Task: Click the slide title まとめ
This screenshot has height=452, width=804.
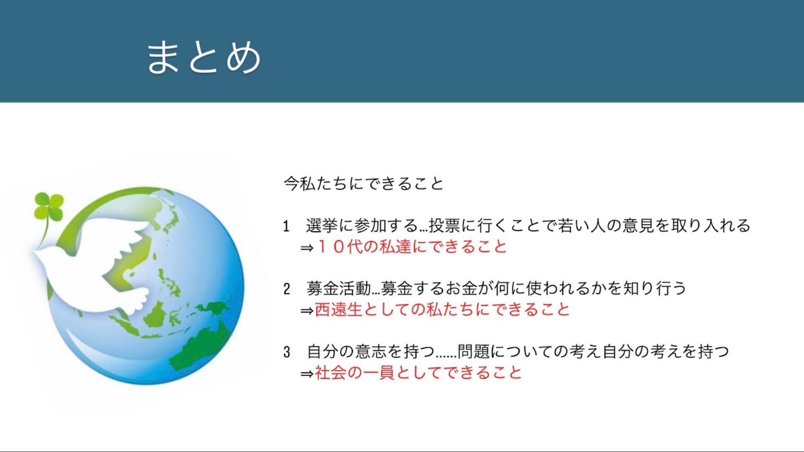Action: click(204, 58)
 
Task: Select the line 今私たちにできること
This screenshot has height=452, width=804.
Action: click(363, 184)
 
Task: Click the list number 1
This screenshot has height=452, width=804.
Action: click(286, 226)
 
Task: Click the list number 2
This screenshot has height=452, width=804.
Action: click(286, 289)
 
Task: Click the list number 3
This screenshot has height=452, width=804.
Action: click(286, 352)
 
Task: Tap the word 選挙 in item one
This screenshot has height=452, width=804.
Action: click(322, 226)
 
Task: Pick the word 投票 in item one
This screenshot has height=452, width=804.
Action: click(445, 226)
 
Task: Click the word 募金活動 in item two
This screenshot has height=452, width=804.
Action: click(339, 288)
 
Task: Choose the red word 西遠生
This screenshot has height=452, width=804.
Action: click(338, 310)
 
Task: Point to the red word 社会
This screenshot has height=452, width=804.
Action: click(331, 372)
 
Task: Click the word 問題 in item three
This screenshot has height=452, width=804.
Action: click(474, 352)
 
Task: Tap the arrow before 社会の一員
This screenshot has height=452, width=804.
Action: click(307, 373)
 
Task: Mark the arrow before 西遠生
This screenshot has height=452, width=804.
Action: click(307, 311)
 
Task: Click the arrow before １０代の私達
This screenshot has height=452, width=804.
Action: click(307, 248)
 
